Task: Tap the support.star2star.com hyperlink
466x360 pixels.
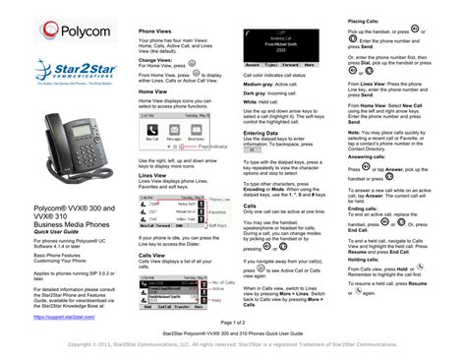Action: [68, 290]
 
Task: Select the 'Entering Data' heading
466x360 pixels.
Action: [259, 132]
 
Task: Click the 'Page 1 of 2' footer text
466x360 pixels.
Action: [232, 321]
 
